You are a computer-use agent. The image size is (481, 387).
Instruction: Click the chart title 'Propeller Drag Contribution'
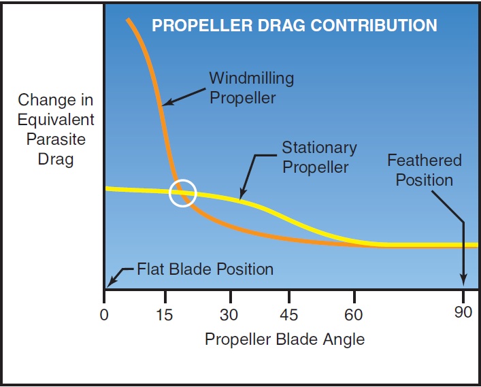pos(294,26)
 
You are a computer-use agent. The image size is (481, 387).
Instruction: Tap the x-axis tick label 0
pos(104,316)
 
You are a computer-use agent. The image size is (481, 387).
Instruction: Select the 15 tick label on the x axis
pos(164,316)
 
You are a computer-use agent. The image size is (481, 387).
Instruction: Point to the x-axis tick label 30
pos(229,316)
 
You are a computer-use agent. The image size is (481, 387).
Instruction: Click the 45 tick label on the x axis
pos(289,316)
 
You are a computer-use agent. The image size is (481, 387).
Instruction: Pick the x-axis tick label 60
pos(354,316)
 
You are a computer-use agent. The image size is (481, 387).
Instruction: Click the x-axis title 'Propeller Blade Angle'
pos(284,339)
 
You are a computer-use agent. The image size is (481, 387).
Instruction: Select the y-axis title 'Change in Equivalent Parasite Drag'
pos(56,130)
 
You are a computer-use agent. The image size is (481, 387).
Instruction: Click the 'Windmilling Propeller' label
pos(251,88)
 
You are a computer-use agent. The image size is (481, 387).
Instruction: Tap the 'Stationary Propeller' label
pos(319,157)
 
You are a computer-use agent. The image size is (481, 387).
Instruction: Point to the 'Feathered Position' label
pos(424,170)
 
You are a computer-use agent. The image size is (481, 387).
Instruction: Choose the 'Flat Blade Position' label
pos(205,269)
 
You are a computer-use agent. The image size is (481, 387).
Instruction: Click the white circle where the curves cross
pos(182,192)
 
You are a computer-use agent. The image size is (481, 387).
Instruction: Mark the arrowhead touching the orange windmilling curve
pos(165,104)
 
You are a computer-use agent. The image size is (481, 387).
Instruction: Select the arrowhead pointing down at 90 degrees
pos(464,279)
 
